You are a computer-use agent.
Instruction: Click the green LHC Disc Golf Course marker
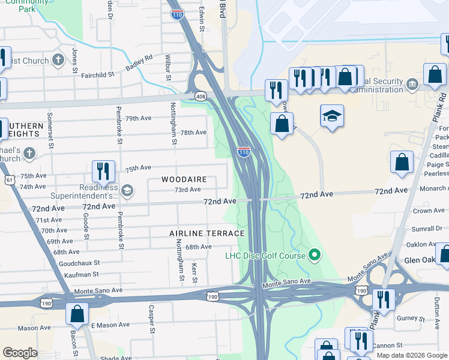tap(313, 256)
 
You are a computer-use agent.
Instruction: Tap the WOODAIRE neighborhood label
tap(184, 179)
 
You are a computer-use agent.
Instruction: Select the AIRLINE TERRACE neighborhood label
tap(206, 233)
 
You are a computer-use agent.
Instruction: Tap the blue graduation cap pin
tap(332, 118)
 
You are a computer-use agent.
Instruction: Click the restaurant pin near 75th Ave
tap(103, 172)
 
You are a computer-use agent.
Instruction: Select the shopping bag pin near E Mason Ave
tap(77, 314)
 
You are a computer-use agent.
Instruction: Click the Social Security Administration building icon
tap(412, 83)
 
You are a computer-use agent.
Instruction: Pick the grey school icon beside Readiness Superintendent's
tap(127, 191)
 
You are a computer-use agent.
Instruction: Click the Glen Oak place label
tap(418, 260)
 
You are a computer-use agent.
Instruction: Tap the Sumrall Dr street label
tap(427, 229)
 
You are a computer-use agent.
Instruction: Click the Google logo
tap(20, 353)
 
